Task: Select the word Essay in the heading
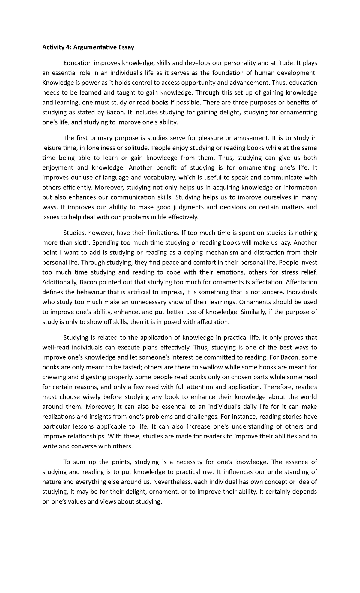(126, 47)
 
